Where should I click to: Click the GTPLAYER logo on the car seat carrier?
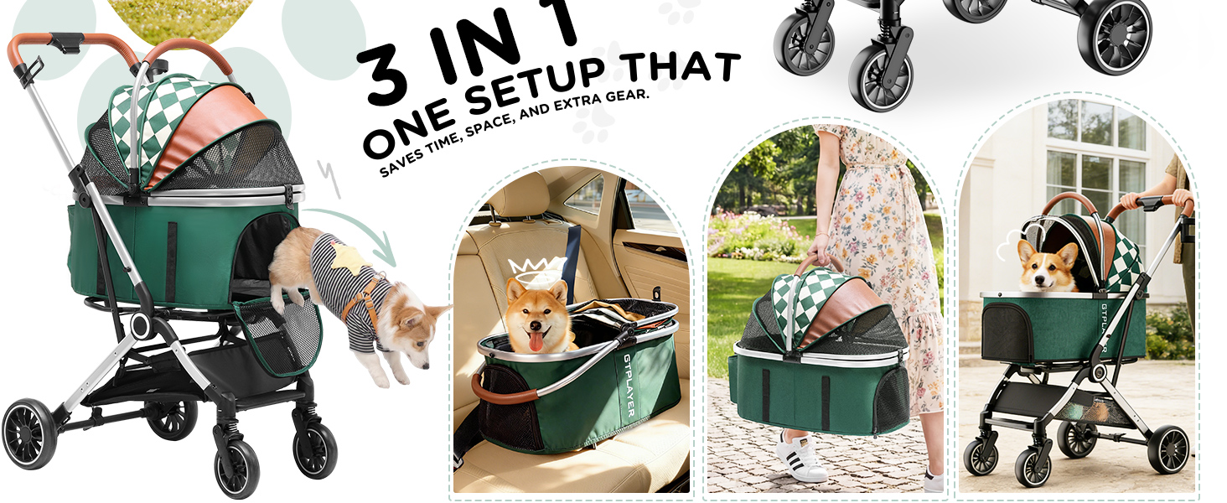pos(629,385)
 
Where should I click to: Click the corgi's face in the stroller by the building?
pos(1046,267)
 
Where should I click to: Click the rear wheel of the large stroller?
pos(29,433)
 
